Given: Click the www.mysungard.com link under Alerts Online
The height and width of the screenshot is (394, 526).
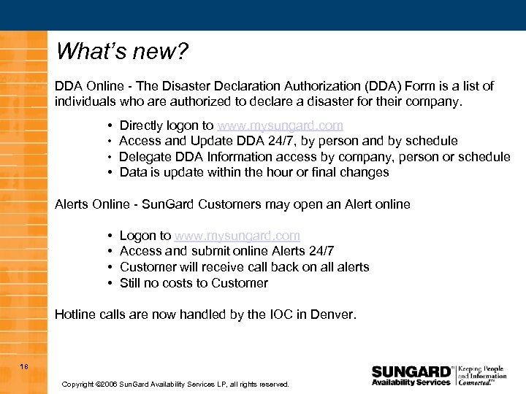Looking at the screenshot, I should point(237,236).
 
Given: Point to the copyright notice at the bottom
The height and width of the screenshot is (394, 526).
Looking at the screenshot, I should point(175,384).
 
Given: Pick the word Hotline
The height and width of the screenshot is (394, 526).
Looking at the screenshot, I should point(76,315).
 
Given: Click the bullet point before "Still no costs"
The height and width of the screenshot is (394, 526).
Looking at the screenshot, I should point(108,283).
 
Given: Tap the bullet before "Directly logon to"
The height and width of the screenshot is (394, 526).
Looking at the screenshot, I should point(108,126).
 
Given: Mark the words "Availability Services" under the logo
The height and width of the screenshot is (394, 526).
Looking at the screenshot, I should point(411,382).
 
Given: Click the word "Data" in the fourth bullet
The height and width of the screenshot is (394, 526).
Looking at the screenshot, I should point(132,173).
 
